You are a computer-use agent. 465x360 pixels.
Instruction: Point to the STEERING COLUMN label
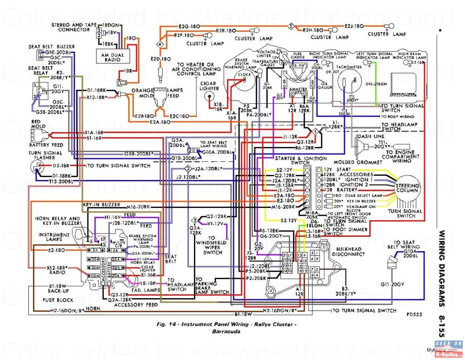coord(407,188)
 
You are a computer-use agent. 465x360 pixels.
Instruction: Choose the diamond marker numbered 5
coord(291,26)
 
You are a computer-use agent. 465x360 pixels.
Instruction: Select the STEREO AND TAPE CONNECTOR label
coord(73,27)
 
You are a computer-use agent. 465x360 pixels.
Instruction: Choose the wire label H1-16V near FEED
coord(112,217)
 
